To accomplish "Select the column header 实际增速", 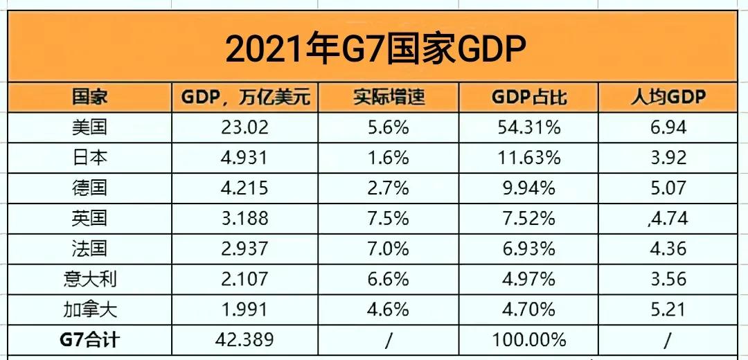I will [389, 97].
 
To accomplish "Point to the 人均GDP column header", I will [668, 97].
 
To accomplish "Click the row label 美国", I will [90, 127].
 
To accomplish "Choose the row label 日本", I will [90, 158].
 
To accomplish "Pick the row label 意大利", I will [90, 279].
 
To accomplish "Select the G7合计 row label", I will [90, 340].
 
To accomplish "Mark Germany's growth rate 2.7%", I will [389, 188].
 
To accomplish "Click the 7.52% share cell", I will [528, 219].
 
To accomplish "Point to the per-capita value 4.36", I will [668, 249].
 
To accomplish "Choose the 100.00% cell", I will [528, 340].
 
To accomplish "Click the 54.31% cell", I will [528, 127].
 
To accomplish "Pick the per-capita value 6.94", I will [668, 127].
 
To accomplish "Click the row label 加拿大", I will [90, 309].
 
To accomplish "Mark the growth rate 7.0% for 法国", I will [389, 249].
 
